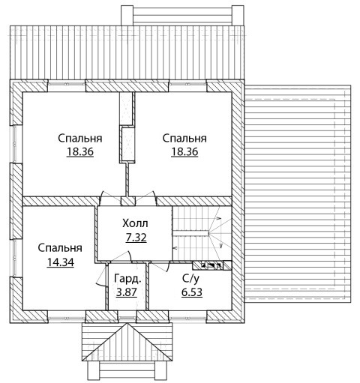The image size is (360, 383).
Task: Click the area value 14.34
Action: [x=60, y=262]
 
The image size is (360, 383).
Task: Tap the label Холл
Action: [x=135, y=223]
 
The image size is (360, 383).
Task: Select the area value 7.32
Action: [x=136, y=238]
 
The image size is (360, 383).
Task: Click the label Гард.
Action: [x=127, y=279]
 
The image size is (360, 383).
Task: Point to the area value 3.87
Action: [x=127, y=292]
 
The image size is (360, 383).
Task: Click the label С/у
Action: [x=191, y=279]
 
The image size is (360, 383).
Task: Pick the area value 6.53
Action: [x=192, y=292]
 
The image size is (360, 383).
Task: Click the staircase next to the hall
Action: [x=202, y=234]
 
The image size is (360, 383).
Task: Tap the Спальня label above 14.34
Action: [x=60, y=248]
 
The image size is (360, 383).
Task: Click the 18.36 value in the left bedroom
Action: [x=80, y=151]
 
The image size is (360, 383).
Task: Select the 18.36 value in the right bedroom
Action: [x=184, y=151]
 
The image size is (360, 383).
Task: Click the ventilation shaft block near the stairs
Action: [x=212, y=265]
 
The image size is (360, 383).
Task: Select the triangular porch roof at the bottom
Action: [x=127, y=342]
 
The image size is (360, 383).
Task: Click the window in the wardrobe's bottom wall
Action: [x=127, y=317]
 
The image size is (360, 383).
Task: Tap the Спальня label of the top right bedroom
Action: [x=184, y=138]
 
